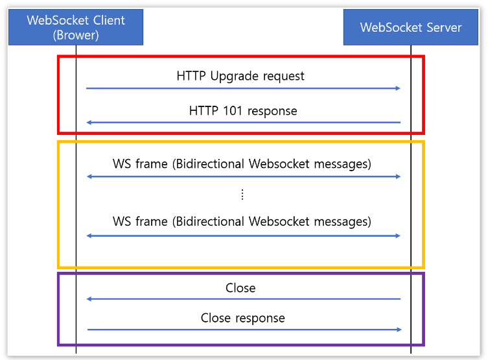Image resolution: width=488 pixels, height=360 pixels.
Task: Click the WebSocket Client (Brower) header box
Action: coord(76,27)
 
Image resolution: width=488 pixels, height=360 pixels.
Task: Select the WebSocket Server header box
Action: coord(411,27)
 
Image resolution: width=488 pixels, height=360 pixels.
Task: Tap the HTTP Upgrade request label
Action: coord(240,76)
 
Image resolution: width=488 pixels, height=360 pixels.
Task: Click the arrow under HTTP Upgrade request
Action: coord(243,88)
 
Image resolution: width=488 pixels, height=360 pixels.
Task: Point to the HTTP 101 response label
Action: coord(243,111)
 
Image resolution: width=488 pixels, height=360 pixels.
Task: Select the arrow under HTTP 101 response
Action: coord(243,123)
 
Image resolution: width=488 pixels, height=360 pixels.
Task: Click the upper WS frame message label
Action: coord(242,163)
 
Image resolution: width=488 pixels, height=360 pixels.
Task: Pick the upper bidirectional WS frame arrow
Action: coord(243,176)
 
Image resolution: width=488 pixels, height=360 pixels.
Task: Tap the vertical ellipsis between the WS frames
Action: coord(242,195)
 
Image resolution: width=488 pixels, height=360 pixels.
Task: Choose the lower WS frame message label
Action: coord(242,221)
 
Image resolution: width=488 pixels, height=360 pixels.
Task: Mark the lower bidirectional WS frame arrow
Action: coord(243,235)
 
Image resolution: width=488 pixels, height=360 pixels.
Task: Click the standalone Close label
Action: coord(240,288)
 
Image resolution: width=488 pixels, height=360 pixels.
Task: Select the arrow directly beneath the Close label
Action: coord(243,299)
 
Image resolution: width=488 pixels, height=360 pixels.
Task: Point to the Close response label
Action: coord(242,318)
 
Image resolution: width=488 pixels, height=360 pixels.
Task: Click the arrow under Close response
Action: coord(243,330)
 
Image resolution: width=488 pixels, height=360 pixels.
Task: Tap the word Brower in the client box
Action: coord(76,35)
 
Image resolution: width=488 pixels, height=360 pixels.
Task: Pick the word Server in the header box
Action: coord(444,27)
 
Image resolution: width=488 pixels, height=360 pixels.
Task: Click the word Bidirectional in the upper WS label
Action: coord(209,163)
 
